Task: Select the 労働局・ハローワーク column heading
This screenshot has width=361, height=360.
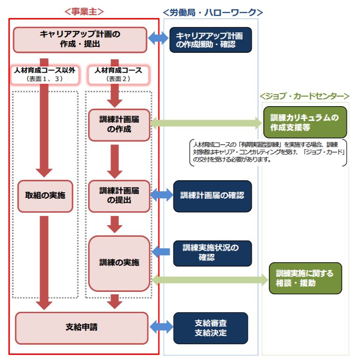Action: [213, 13]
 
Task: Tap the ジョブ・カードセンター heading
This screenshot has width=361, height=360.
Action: [304, 96]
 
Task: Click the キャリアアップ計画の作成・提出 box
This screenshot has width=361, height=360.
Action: [80, 39]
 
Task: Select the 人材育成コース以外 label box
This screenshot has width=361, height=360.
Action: [44, 74]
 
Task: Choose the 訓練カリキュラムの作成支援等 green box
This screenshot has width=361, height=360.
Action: [304, 123]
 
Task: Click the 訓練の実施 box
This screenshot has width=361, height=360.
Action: [119, 263]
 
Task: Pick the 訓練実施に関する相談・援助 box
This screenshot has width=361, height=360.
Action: [304, 278]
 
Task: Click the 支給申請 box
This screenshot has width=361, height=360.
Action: [81, 328]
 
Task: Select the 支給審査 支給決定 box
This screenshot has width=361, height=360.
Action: [210, 328]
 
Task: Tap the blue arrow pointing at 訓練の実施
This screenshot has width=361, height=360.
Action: [162, 252]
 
